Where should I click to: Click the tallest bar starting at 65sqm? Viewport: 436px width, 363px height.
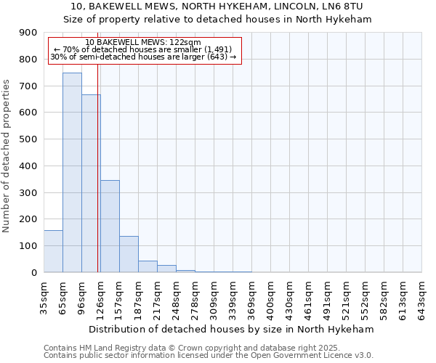click(x=72, y=173)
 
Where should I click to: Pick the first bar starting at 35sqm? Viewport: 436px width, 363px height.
click(x=53, y=251)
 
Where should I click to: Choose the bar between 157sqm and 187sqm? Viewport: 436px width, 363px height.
click(x=129, y=254)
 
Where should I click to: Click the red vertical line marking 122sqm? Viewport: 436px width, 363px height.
click(x=97, y=181)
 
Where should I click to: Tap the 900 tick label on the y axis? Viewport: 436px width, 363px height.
click(x=28, y=33)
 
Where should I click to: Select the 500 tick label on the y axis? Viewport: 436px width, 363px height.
click(x=28, y=139)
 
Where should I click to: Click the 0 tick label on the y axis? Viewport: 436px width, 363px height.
click(x=33, y=272)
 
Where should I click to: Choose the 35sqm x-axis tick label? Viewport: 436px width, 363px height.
click(x=44, y=295)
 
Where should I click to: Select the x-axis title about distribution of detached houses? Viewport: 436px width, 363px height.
click(x=232, y=329)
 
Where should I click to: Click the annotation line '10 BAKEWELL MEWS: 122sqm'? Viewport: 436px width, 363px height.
click(x=143, y=43)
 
